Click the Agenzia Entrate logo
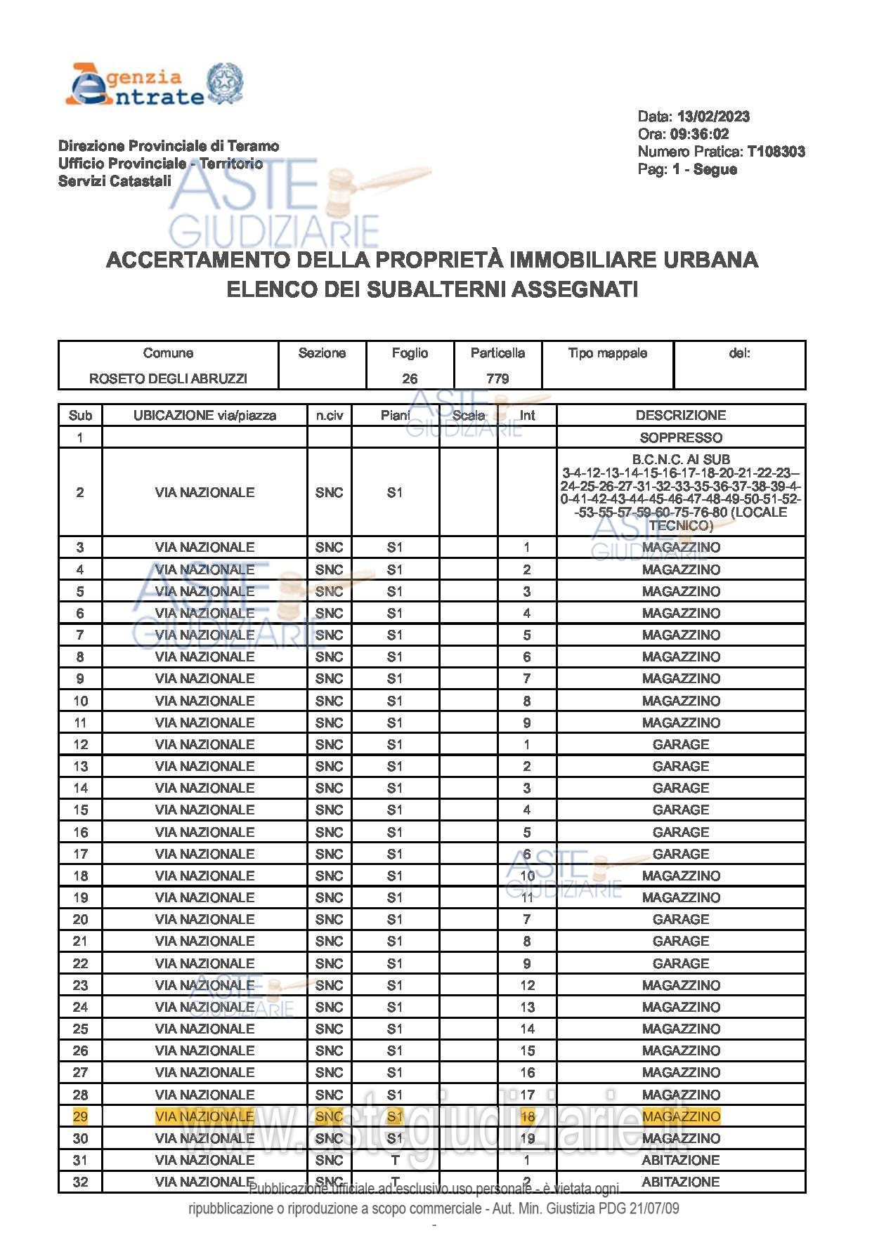pyautogui.click(x=153, y=85)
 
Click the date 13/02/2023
pyautogui.click(x=712, y=117)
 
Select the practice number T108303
pyautogui.click(x=776, y=152)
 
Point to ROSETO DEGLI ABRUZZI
pyautogui.click(x=168, y=378)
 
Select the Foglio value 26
pyautogui.click(x=410, y=378)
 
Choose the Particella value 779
pyautogui.click(x=497, y=378)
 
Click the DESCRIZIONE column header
pyautogui.click(x=680, y=415)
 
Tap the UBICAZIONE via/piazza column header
pyautogui.click(x=204, y=415)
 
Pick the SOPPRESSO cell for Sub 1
pyautogui.click(x=680, y=437)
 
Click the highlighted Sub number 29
pyautogui.click(x=80, y=1116)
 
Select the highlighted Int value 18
pyautogui.click(x=527, y=1116)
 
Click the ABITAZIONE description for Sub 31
pyautogui.click(x=680, y=1160)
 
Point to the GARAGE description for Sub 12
pyautogui.click(x=680, y=744)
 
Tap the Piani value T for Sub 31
pyautogui.click(x=395, y=1160)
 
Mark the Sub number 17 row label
pyautogui.click(x=80, y=854)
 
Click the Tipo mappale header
pyautogui.click(x=607, y=353)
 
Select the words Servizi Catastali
pyautogui.click(x=115, y=181)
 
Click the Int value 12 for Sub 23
pyautogui.click(x=527, y=985)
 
